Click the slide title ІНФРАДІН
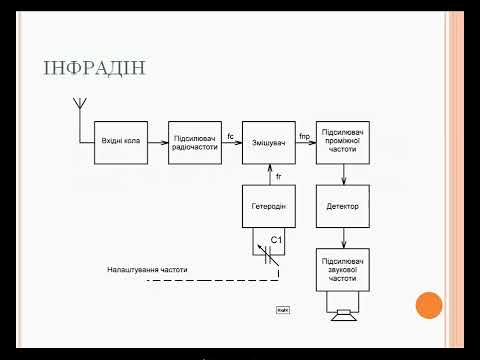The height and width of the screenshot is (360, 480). tap(95, 69)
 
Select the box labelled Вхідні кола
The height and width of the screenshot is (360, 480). tap(120, 141)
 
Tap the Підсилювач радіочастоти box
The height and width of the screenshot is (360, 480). tap(194, 141)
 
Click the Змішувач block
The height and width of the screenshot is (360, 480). tap(269, 141)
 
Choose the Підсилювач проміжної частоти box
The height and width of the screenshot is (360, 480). tap(343, 141)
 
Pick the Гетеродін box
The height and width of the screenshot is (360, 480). tap(269, 206)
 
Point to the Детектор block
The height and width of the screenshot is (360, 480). tap(343, 206)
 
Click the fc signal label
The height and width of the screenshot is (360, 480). tap(230, 135)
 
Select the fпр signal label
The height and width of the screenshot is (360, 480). tap(305, 135)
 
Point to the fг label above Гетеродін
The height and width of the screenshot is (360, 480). tap(278, 177)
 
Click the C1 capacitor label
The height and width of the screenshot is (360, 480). tap(278, 241)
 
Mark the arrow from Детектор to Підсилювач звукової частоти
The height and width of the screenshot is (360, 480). tap(343, 237)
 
